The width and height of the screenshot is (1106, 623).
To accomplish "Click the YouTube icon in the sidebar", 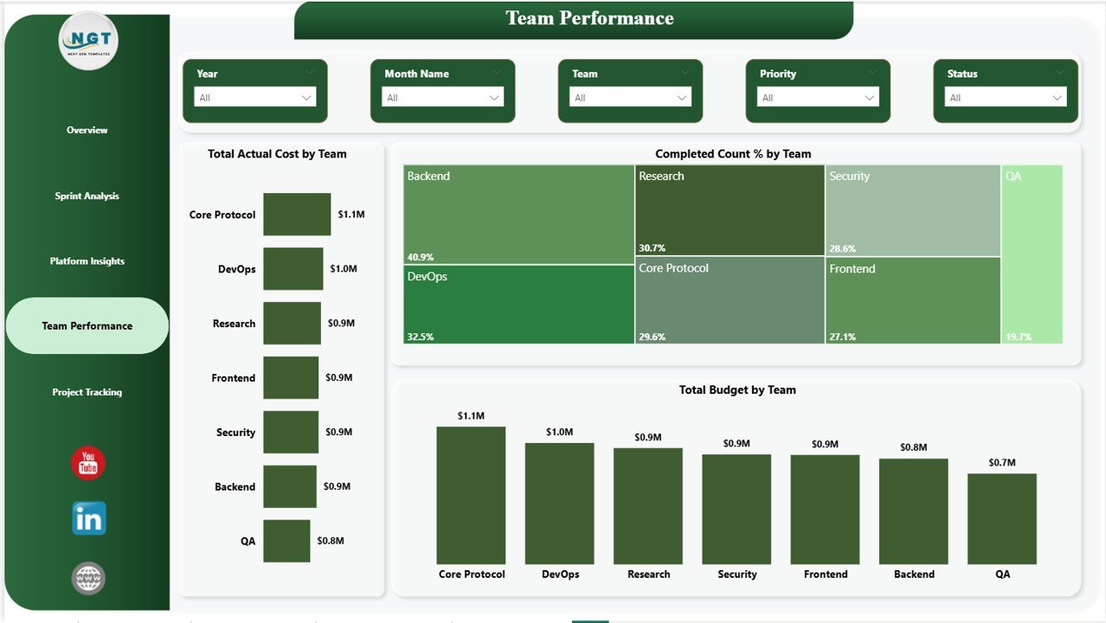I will (x=88, y=464).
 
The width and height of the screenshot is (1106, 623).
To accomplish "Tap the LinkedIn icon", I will (x=88, y=518).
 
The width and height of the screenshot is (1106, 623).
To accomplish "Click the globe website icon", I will (x=88, y=578).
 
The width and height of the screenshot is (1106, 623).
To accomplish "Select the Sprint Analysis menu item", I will (x=87, y=196).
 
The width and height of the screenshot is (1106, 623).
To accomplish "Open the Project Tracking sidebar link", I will (x=87, y=392).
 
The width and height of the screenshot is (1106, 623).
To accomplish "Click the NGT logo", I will (x=88, y=41).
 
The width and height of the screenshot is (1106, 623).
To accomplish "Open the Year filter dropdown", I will (x=254, y=98).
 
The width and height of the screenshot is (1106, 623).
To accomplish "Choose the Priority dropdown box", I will (x=817, y=98).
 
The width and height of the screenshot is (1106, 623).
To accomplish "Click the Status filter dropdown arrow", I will (x=1057, y=98).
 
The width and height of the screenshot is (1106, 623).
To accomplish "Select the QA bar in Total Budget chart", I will (x=1001, y=518).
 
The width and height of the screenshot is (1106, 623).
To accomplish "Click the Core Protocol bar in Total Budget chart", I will (x=471, y=495).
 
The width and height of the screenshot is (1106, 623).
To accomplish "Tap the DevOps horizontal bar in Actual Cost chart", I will (x=293, y=269).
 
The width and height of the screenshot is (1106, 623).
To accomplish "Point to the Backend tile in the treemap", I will (x=518, y=214).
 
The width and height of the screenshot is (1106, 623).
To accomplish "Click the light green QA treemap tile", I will (x=1032, y=254).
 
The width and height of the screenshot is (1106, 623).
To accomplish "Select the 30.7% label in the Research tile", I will (x=653, y=247).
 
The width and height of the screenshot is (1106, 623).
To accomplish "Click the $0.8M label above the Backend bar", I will (x=913, y=447).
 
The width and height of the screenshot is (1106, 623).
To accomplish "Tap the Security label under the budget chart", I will (x=736, y=575).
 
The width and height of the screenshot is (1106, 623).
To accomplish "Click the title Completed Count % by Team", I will (x=733, y=154).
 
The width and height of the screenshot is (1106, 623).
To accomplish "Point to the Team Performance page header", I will (x=589, y=18).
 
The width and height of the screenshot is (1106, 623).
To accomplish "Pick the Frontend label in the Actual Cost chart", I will (x=233, y=378).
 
